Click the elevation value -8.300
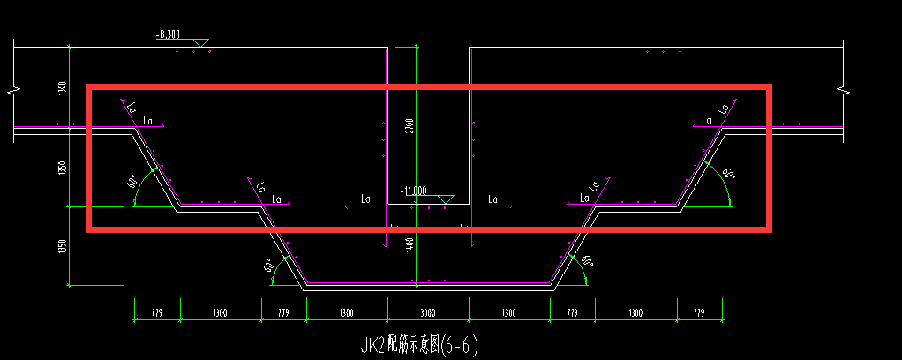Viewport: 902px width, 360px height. (x=168, y=35)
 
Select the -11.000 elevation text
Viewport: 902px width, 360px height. (x=413, y=191)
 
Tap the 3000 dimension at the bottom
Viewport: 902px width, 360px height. (x=428, y=313)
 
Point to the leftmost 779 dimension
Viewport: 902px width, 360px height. (x=157, y=313)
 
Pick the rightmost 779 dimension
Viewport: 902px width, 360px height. (x=700, y=313)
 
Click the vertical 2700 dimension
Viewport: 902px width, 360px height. (x=409, y=126)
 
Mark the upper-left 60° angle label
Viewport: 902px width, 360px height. (x=132, y=183)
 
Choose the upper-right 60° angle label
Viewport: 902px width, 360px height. (x=728, y=174)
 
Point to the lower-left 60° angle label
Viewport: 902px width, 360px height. (x=267, y=265)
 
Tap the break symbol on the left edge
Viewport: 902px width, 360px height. (x=11, y=90)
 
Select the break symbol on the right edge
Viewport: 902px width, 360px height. (x=844, y=90)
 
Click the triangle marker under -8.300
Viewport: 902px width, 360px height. (x=200, y=42)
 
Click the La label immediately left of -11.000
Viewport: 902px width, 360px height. (x=366, y=199)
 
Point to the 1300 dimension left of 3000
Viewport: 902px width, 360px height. (x=347, y=313)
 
